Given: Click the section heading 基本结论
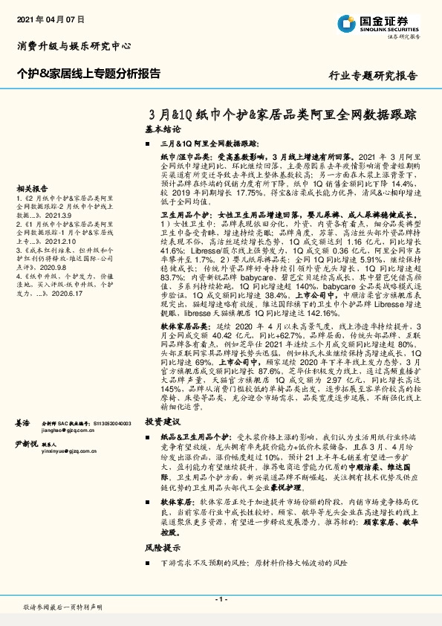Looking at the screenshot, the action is point(163,129).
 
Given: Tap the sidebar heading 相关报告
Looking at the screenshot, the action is point(32,189).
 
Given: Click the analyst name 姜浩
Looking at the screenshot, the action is point(22,422).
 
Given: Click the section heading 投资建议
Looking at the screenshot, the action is point(163,420).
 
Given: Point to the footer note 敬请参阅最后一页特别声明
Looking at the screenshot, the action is point(63,607).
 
